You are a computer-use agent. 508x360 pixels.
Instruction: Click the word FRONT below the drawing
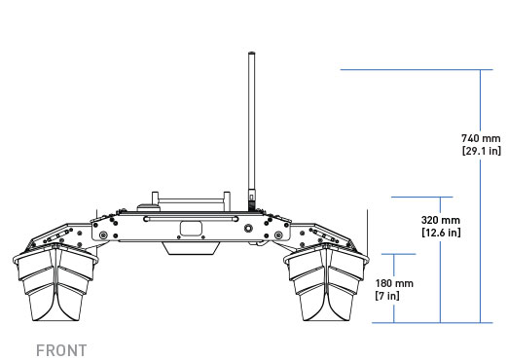(x=61, y=350)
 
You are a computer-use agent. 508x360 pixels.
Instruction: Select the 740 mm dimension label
(x=481, y=138)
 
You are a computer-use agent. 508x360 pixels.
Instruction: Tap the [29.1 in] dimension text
(x=482, y=151)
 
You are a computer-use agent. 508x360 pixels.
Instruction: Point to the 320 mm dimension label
(x=441, y=220)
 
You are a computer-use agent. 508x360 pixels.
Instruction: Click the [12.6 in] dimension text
(x=441, y=233)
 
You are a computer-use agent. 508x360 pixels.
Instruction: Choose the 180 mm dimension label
(x=394, y=283)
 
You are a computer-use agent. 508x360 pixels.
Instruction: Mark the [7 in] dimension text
(x=387, y=296)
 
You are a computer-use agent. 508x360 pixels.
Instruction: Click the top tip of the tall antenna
(x=251, y=52)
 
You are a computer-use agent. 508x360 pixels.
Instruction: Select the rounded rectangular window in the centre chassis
(x=192, y=229)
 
